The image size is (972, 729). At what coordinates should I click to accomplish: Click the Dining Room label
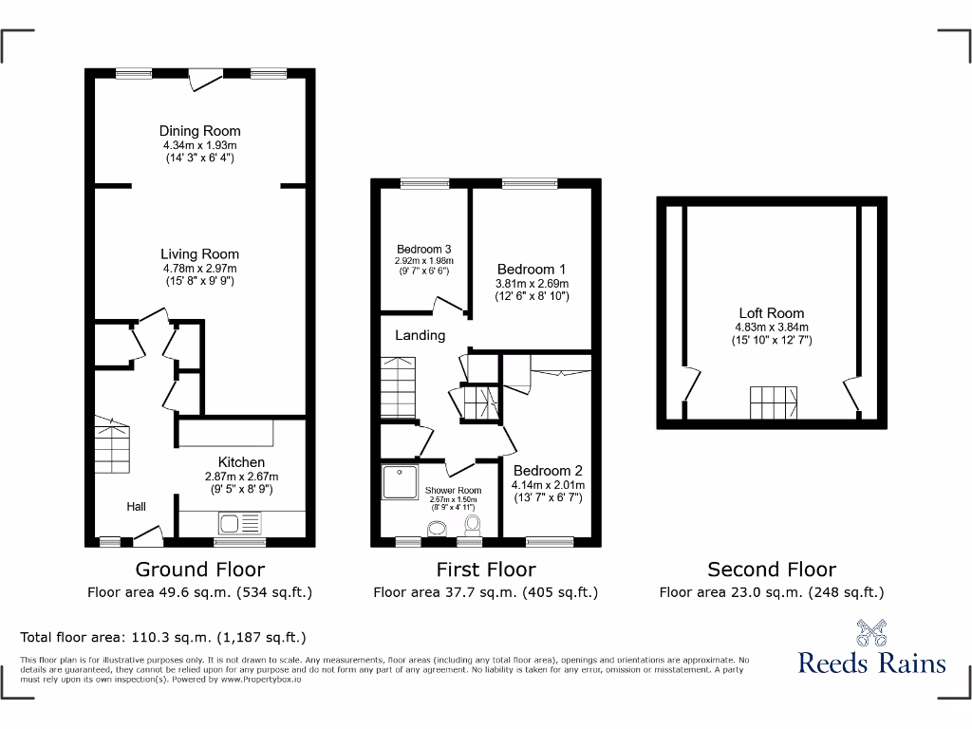point(199,131)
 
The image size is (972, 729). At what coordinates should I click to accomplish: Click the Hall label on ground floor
point(136,507)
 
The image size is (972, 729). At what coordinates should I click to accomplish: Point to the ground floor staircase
point(112,446)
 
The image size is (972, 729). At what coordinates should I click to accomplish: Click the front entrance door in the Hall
point(148,537)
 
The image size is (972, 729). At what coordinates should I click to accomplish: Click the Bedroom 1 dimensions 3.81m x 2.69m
point(532,283)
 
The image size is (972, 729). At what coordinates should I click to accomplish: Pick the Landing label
point(420,335)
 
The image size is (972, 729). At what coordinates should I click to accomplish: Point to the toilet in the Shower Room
point(472,525)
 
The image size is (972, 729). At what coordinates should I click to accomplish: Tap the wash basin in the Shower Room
point(438,529)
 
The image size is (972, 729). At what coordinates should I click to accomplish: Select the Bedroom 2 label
point(548,471)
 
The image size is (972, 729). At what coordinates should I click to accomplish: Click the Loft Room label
point(772,313)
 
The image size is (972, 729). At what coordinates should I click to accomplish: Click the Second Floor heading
point(772,570)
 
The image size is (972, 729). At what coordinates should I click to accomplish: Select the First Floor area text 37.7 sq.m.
point(485,592)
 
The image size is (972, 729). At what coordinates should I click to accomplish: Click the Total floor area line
point(163,638)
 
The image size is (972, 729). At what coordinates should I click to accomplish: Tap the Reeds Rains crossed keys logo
point(871,632)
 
